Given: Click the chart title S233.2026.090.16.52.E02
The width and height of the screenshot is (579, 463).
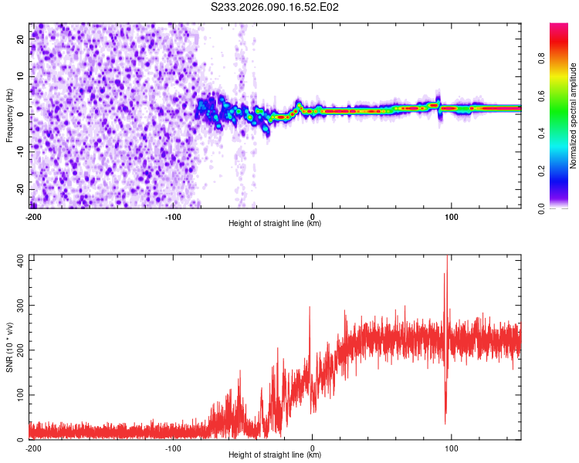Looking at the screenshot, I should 276,8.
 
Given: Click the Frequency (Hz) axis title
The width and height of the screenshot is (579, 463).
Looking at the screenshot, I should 9,116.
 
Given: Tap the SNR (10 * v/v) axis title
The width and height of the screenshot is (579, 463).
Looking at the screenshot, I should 9,349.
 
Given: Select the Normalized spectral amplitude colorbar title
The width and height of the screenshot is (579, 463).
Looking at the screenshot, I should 573,116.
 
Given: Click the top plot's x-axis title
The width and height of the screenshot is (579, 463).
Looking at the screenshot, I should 275,224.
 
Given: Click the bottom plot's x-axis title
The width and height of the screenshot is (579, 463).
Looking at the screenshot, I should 275,455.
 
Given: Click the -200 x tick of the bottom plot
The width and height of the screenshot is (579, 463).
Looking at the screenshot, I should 33,448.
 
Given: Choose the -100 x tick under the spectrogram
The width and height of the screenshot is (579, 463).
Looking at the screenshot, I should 172,216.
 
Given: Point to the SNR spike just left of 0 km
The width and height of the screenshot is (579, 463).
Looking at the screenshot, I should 310,307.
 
